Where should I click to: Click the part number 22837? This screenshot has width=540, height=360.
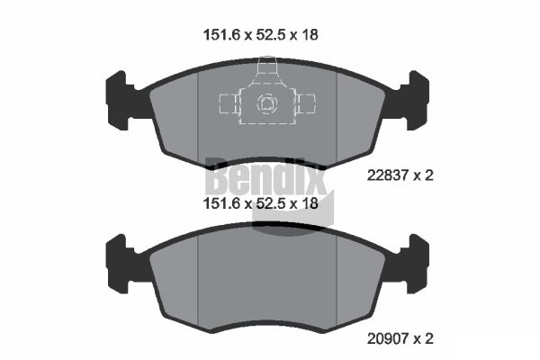[x=388, y=175]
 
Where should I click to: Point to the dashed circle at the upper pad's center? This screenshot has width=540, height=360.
[x=267, y=104]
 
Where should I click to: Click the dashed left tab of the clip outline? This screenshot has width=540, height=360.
[x=228, y=104]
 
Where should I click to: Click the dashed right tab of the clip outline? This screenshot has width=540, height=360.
[x=308, y=104]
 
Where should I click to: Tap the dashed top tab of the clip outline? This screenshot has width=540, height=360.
[x=267, y=69]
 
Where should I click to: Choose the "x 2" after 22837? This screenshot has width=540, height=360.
[x=423, y=175]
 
